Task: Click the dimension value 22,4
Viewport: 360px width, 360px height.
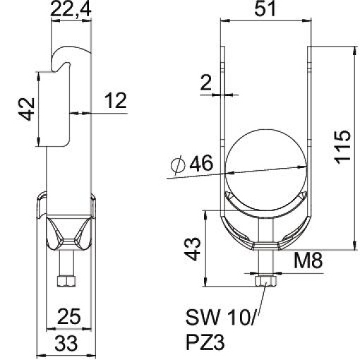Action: pos(70,10)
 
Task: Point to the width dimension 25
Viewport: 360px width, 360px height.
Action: pos(68,316)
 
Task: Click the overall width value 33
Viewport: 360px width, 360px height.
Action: pos(68,345)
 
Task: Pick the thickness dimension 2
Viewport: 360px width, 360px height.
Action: pos(205,83)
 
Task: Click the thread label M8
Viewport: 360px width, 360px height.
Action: pos(308,262)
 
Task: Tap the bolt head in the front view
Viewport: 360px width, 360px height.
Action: pos(265,282)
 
